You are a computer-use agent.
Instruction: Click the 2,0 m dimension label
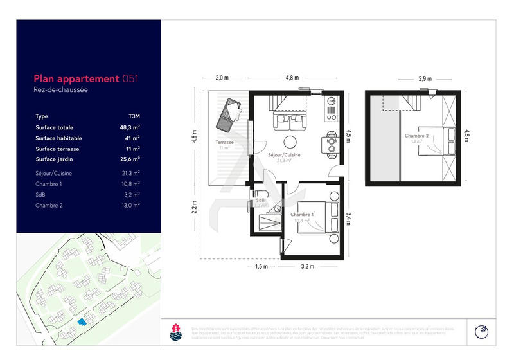click(x=222, y=78)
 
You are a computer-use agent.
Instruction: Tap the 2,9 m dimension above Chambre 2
click(x=425, y=78)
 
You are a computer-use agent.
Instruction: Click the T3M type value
click(x=134, y=116)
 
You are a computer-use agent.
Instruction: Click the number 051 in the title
click(x=130, y=78)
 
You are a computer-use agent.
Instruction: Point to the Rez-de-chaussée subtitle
click(x=60, y=90)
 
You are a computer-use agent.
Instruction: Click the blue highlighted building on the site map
click(x=80, y=321)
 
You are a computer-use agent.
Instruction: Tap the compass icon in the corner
click(x=481, y=331)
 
